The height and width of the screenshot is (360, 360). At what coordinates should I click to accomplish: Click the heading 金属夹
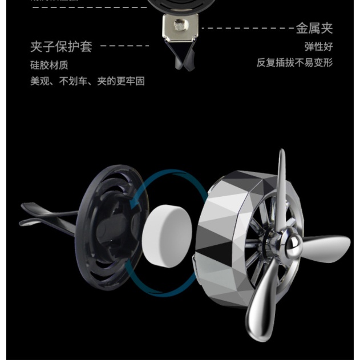[314, 27]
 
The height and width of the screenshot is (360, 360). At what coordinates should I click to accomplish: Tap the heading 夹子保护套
[61, 46]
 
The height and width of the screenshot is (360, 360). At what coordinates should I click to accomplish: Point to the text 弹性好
[318, 46]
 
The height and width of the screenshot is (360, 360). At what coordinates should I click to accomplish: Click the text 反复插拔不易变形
[294, 62]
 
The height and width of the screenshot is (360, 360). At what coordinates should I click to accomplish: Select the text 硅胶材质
[49, 64]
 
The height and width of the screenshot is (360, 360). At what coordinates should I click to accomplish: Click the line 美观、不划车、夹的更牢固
[87, 81]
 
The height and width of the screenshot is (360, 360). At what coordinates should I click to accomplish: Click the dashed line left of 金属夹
[247, 27]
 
